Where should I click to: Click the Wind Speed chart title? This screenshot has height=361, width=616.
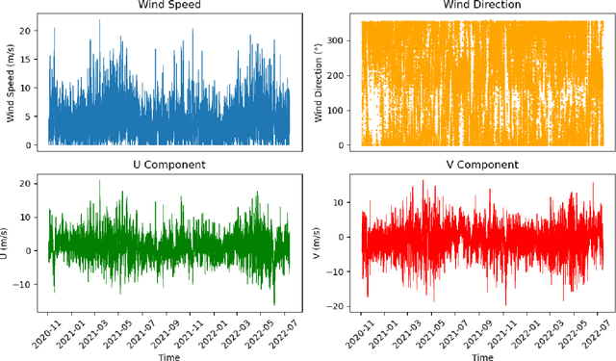pos(166,7)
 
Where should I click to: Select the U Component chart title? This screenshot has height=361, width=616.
pos(166,165)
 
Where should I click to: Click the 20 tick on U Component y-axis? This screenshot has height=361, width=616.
pos(29,183)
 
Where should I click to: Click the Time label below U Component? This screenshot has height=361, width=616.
pos(166,353)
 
